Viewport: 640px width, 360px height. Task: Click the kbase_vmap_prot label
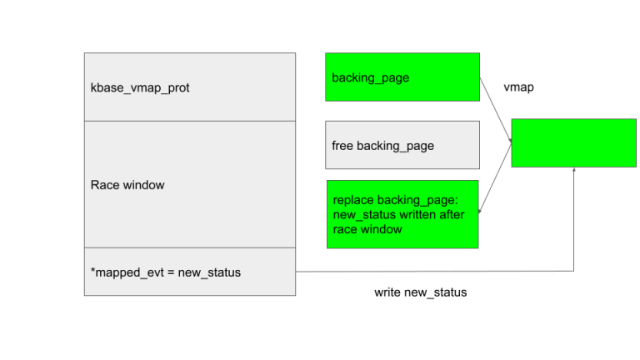(140, 87)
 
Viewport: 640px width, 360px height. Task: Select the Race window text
(127, 185)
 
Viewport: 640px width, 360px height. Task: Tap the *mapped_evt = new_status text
(166, 272)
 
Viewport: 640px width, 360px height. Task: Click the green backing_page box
(402, 77)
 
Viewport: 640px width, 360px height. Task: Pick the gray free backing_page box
(402, 145)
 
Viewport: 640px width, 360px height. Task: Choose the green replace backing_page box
(402, 214)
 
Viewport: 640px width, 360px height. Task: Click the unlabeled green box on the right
(573, 142)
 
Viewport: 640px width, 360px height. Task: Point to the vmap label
(518, 87)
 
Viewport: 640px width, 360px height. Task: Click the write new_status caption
(420, 292)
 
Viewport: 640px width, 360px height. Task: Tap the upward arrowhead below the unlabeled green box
(574, 171)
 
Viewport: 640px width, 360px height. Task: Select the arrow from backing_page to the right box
(495, 108)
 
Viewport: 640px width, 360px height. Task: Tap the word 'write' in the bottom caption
(388, 292)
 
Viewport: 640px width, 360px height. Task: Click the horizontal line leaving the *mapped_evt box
(433, 271)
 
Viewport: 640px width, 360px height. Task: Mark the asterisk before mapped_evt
(93, 271)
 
